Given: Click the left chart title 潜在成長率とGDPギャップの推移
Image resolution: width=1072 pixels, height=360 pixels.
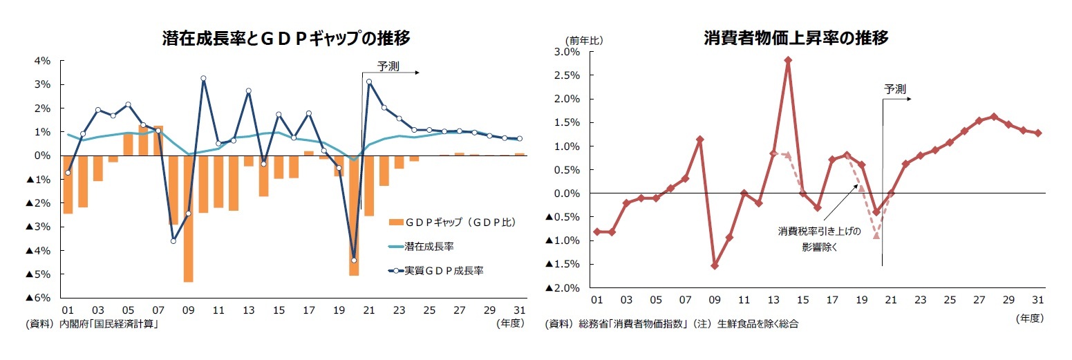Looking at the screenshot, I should point(285,39).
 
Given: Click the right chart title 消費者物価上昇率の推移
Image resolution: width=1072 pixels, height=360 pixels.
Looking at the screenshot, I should point(796,38).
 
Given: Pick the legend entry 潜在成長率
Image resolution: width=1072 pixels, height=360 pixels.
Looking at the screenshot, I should point(429,246).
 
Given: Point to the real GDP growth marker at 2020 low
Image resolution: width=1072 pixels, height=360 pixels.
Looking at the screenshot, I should point(354,260).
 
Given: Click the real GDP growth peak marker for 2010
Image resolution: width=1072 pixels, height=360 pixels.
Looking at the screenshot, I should point(203,79).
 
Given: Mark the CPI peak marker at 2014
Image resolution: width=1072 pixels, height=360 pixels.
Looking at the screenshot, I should point(788,60).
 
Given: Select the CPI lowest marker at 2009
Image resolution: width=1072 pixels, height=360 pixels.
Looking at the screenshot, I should point(715,265).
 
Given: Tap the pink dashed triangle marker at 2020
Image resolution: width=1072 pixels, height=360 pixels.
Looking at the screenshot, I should point(876,236).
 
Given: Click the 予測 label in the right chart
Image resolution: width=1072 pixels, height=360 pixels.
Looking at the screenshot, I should point(895,88).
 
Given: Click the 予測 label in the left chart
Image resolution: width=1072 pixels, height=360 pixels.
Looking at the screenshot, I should point(387,66).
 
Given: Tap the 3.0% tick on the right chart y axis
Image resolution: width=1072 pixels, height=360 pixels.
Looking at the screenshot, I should point(567,52).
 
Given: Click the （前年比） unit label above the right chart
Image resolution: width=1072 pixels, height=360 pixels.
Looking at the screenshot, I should point(584,40).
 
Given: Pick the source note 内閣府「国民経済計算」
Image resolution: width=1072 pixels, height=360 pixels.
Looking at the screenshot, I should point(110,323).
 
